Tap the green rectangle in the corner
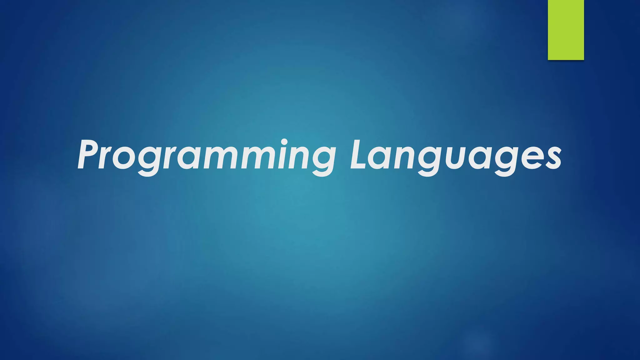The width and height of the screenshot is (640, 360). (566, 30)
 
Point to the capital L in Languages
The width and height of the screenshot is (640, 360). (359, 155)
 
